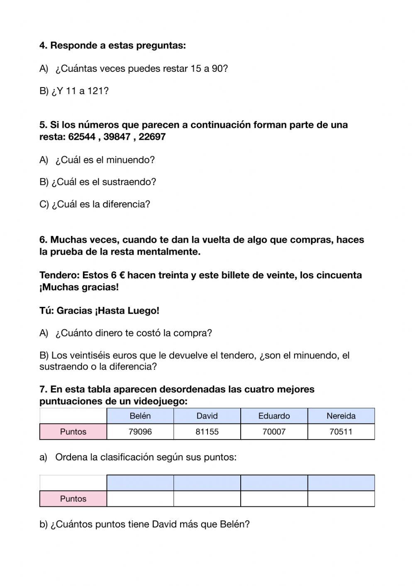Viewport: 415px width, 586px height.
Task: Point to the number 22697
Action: (x=152, y=137)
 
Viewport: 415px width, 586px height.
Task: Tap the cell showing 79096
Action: (x=140, y=432)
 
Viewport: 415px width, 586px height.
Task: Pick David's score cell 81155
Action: (x=207, y=432)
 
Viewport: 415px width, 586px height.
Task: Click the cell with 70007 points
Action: (x=274, y=432)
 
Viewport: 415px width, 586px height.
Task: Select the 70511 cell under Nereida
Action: (x=341, y=432)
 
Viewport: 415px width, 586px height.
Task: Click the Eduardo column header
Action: (x=274, y=416)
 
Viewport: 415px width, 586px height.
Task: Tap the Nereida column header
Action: (x=341, y=416)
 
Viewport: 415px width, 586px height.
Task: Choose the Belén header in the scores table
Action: (x=140, y=416)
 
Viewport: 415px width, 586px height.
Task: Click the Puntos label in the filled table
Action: (x=73, y=432)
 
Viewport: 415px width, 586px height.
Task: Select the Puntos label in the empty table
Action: (x=73, y=499)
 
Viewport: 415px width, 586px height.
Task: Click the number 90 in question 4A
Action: (x=217, y=69)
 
